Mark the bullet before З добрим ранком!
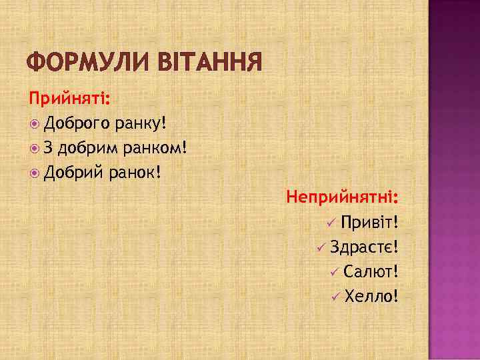pyautogui.click(x=35, y=149)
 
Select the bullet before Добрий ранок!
pyautogui.click(x=35, y=173)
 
